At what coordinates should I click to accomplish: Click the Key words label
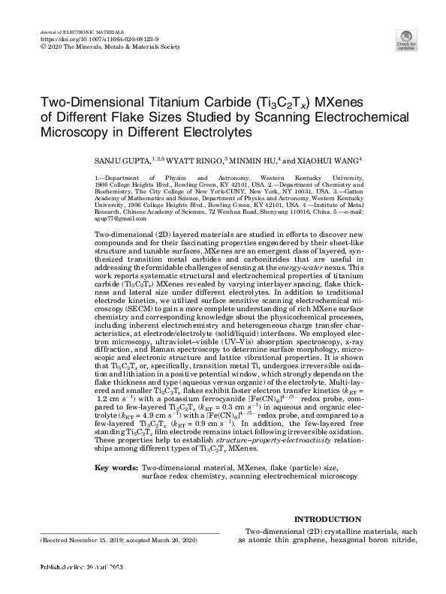[x=116, y=467]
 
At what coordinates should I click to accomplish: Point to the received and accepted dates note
[x=108, y=540]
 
